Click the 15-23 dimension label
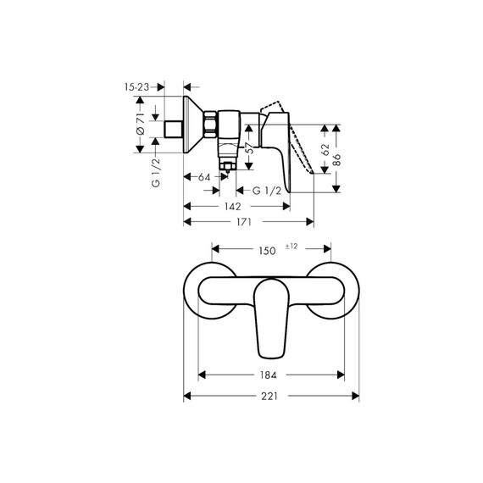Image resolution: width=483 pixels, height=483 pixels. click(136, 87)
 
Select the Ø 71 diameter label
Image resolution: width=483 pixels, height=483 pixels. click(140, 124)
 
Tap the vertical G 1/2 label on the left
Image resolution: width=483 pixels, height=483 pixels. click(156, 173)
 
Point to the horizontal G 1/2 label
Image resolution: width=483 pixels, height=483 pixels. click(267, 191)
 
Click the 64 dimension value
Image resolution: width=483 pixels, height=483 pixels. click(204, 177)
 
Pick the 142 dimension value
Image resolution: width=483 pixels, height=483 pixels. click(232, 207)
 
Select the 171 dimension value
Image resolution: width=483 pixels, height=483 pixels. click(244, 222)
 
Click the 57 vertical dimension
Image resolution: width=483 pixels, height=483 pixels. click(250, 148)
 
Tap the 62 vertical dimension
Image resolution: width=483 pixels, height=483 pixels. click(325, 150)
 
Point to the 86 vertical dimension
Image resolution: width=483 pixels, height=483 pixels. click(337, 160)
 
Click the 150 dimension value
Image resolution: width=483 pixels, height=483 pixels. click(267, 251)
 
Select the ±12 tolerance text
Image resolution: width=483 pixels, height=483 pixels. click(291, 247)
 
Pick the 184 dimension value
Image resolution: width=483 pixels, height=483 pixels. click(269, 375)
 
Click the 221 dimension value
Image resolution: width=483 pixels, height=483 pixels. click(269, 396)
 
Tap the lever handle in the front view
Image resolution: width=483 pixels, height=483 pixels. click(271, 319)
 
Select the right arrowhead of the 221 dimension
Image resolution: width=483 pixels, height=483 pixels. click(356, 396)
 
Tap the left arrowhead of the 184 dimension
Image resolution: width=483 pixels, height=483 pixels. click(202, 375)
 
